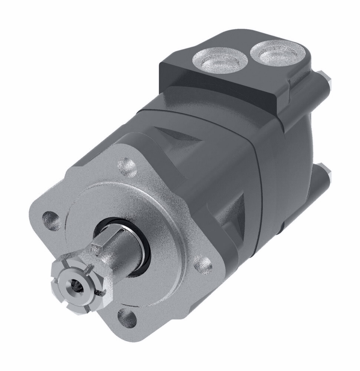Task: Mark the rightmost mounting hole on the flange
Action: pos(203,264)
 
